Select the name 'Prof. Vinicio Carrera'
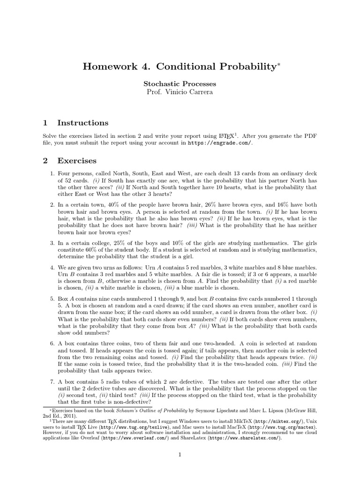pos(180,92)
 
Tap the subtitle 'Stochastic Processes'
pos(180,83)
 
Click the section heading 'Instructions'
pos(82,123)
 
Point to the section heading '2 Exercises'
pos(70,161)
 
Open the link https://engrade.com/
pos(220,143)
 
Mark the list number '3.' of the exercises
pos(52,243)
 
